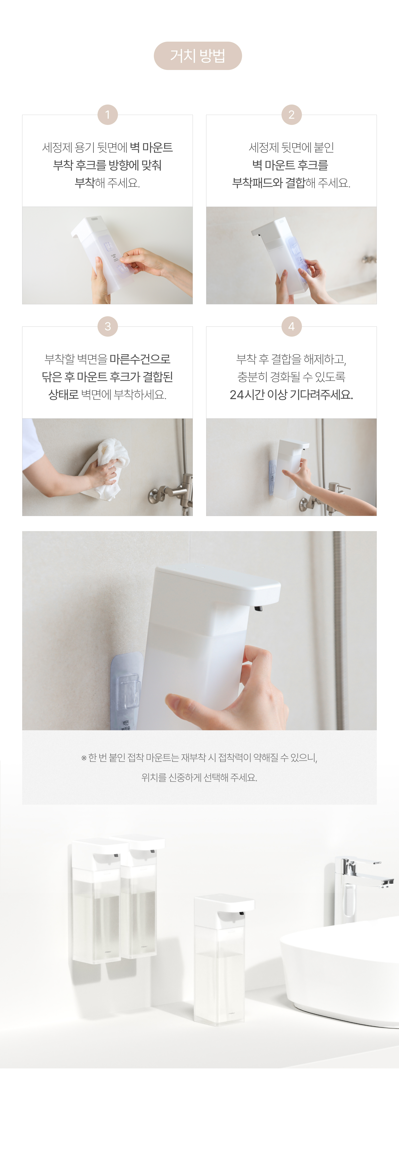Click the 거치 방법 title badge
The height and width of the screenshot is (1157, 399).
coord(198,56)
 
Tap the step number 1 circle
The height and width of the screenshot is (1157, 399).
coord(107,115)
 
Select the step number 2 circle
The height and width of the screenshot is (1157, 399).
coord(291,115)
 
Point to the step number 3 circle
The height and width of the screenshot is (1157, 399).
coord(107,326)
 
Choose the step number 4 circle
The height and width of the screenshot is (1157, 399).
coord(291,326)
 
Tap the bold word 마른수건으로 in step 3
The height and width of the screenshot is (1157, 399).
coord(140,359)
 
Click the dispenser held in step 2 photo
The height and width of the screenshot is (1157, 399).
coord(283,254)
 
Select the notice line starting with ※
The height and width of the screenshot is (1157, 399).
coord(199,758)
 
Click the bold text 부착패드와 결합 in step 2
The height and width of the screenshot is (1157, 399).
coord(268,183)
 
